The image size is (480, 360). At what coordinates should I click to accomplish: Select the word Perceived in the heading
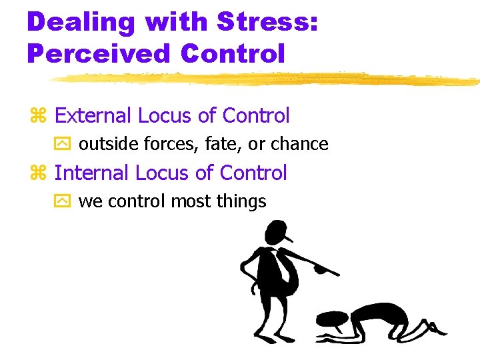pos(93,52)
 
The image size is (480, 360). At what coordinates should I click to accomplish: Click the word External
pos(93,115)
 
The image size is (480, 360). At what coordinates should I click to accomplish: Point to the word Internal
pos(91,173)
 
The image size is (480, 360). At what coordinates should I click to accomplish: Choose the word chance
pos(297,144)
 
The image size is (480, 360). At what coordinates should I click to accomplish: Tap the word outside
pos(107,144)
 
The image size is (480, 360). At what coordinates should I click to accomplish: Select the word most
pos(194,201)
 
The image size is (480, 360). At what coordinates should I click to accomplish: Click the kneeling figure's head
pos(331,319)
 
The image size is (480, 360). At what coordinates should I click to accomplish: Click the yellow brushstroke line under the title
pos(267,79)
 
